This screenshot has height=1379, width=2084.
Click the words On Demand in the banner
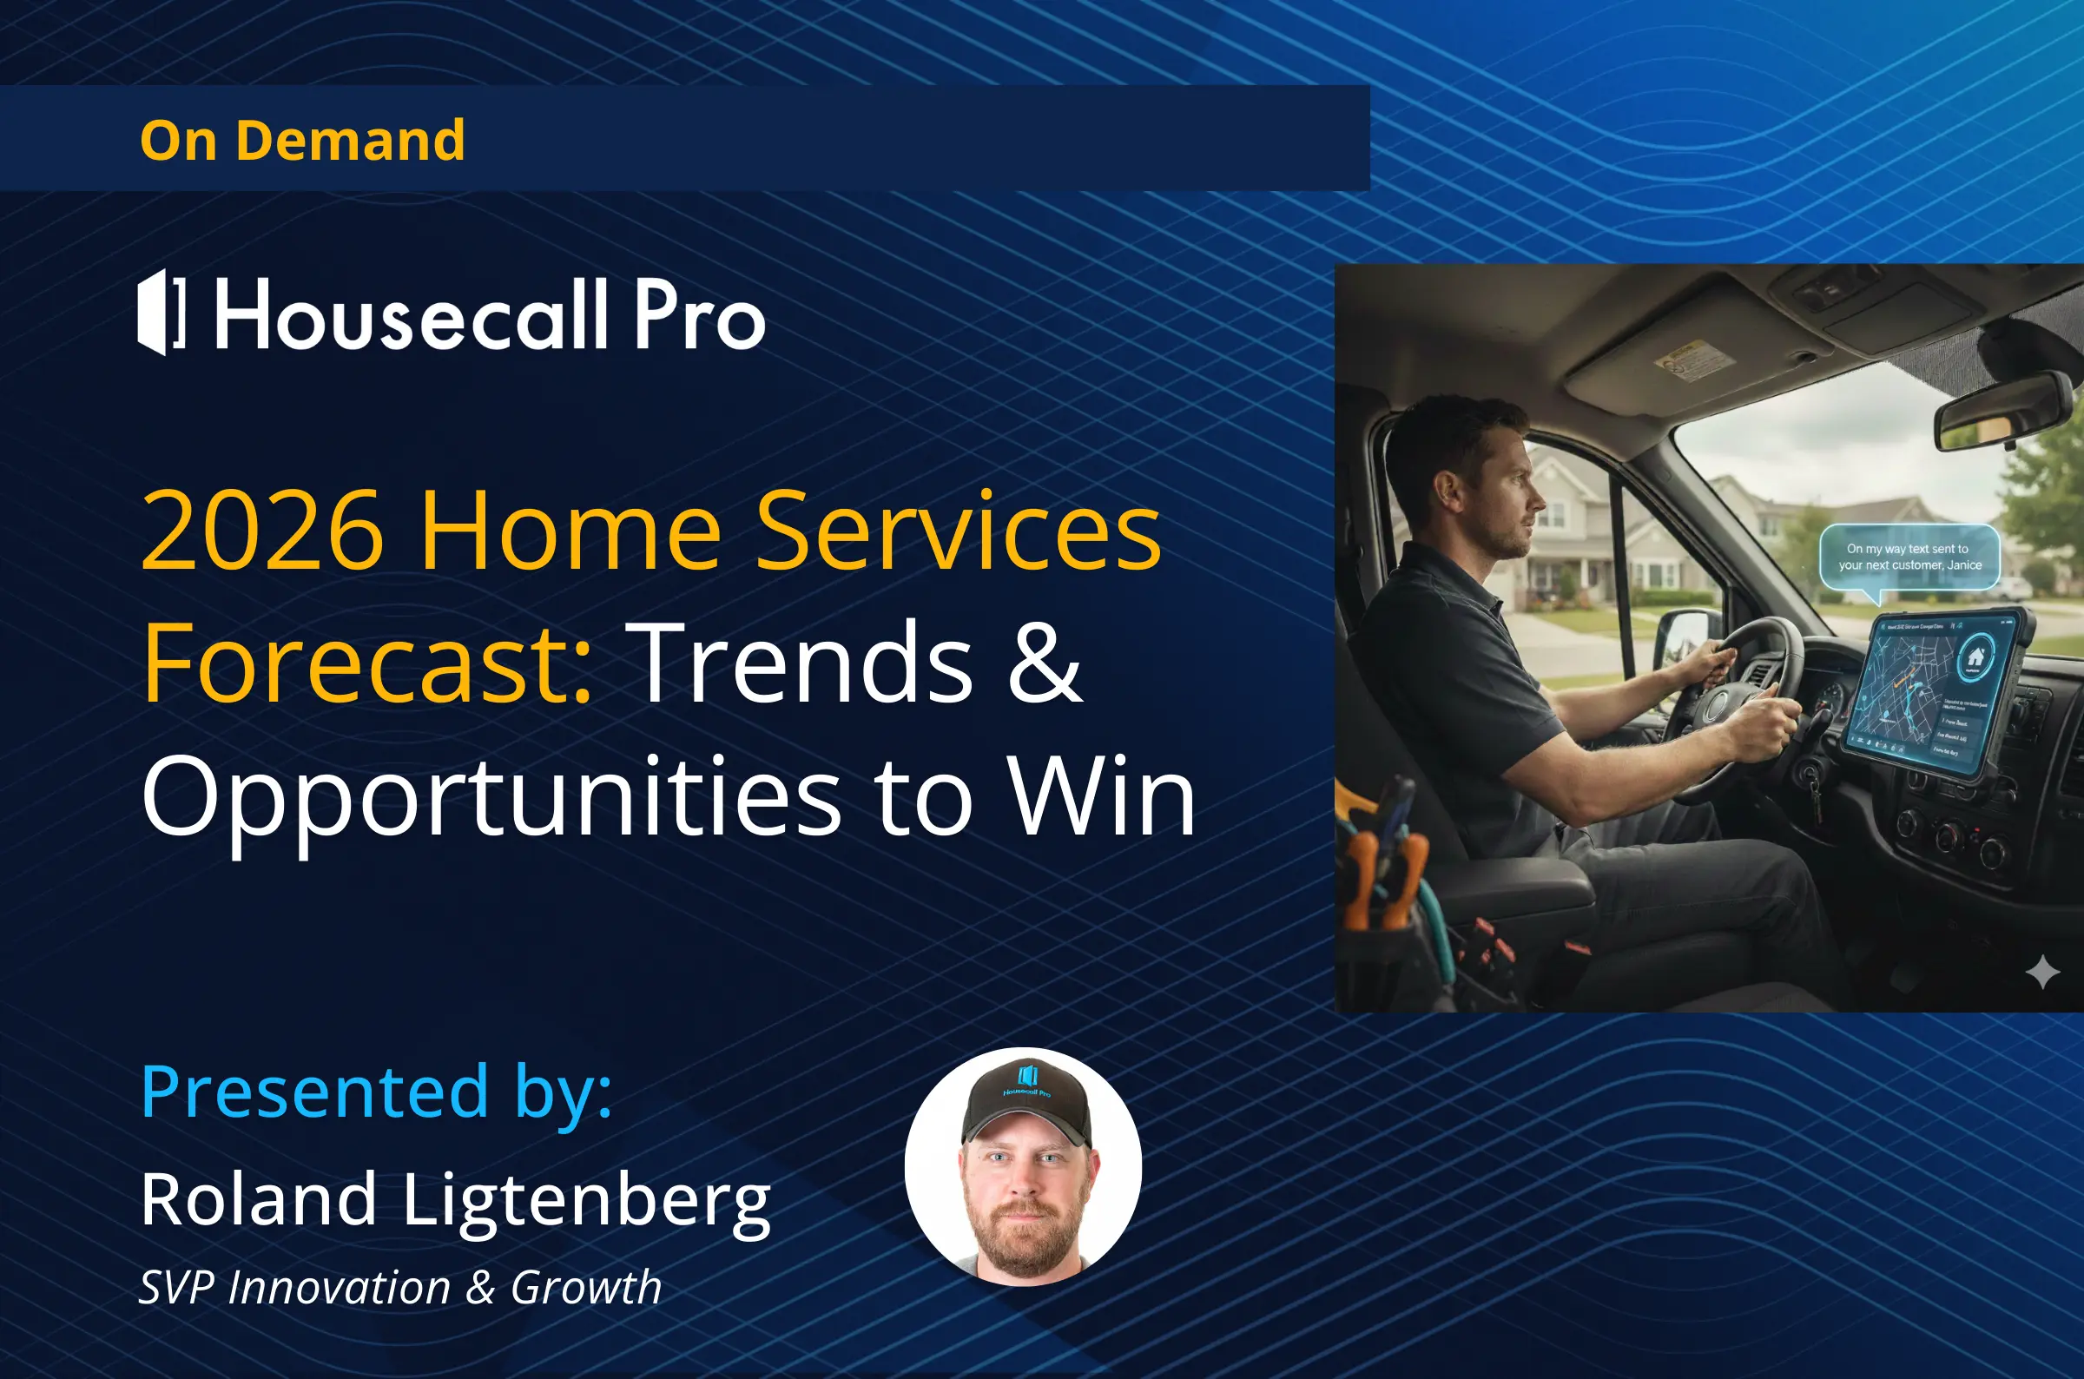coord(301,141)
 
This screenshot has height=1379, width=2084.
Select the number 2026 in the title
coord(262,531)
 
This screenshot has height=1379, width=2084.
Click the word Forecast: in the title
coord(367,663)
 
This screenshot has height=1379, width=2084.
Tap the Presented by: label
coord(376,1092)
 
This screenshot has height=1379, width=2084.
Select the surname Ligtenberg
coord(586,1200)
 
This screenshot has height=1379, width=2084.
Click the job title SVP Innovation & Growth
coord(400,1288)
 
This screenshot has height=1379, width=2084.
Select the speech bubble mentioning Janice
coord(1909,557)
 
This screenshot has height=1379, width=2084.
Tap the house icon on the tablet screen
coord(1975,656)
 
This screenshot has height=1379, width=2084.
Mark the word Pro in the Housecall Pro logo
coord(699,315)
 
